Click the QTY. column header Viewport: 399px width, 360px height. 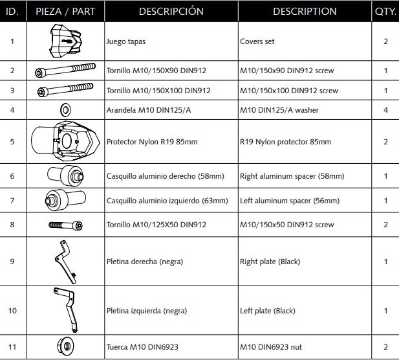tap(385, 12)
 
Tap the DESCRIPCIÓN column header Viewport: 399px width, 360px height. tap(171, 12)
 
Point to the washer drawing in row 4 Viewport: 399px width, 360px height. tap(65, 109)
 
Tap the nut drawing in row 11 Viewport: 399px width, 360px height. tap(65, 346)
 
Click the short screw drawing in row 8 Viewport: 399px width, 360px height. tap(66, 225)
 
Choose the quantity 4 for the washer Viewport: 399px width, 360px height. tap(385, 110)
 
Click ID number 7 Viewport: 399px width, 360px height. tap(12, 201)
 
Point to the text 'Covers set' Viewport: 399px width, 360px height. tap(257, 41)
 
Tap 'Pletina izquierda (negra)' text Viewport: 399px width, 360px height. tap(147, 311)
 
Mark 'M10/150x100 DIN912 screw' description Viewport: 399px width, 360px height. tap(289, 91)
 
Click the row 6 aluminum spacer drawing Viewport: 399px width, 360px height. tap(65, 175)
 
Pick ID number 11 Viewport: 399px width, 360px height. tap(12, 346)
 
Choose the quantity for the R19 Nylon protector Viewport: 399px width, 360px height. tap(385, 142)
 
